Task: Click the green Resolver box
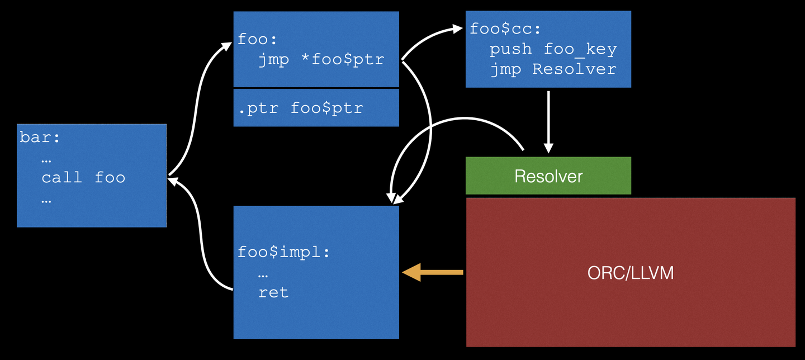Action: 548,176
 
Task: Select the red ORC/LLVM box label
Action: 630,273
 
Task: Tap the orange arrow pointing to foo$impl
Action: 433,272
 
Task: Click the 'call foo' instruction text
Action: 83,178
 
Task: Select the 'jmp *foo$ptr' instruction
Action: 321,60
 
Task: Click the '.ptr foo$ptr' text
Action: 300,108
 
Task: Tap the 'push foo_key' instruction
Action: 553,49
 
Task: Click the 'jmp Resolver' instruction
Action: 553,69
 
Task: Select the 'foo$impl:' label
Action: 284,252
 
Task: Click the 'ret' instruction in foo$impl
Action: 273,292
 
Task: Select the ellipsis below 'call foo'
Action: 46,200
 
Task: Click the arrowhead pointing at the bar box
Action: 174,181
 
